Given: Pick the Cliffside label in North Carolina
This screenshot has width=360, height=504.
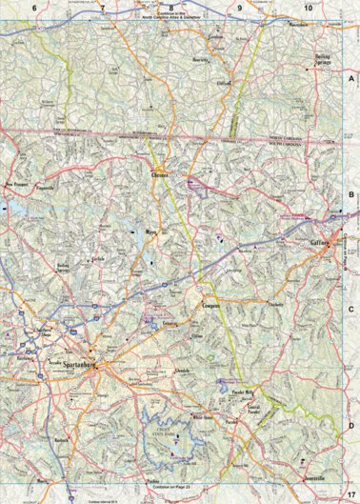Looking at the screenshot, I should [x=225, y=84].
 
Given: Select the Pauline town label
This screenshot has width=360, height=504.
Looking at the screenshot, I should [x=153, y=482].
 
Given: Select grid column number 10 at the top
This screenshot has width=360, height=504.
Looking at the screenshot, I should [x=308, y=8].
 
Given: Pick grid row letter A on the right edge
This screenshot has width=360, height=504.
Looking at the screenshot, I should [x=350, y=82].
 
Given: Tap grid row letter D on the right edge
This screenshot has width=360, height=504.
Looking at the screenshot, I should [x=350, y=425].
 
